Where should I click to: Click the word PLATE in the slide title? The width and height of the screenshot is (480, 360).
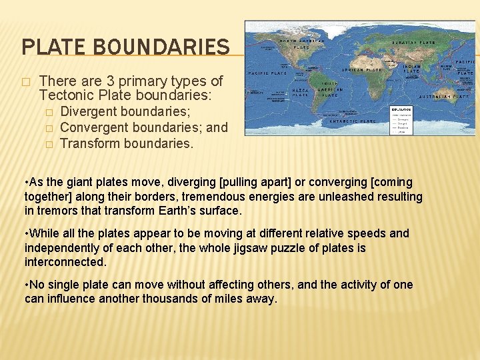pos(51,47)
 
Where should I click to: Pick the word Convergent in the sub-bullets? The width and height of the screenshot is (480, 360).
pos(93,127)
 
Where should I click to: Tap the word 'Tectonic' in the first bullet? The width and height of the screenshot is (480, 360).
pos(64,96)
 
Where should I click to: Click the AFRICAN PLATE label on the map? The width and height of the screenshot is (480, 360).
pos(361,69)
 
